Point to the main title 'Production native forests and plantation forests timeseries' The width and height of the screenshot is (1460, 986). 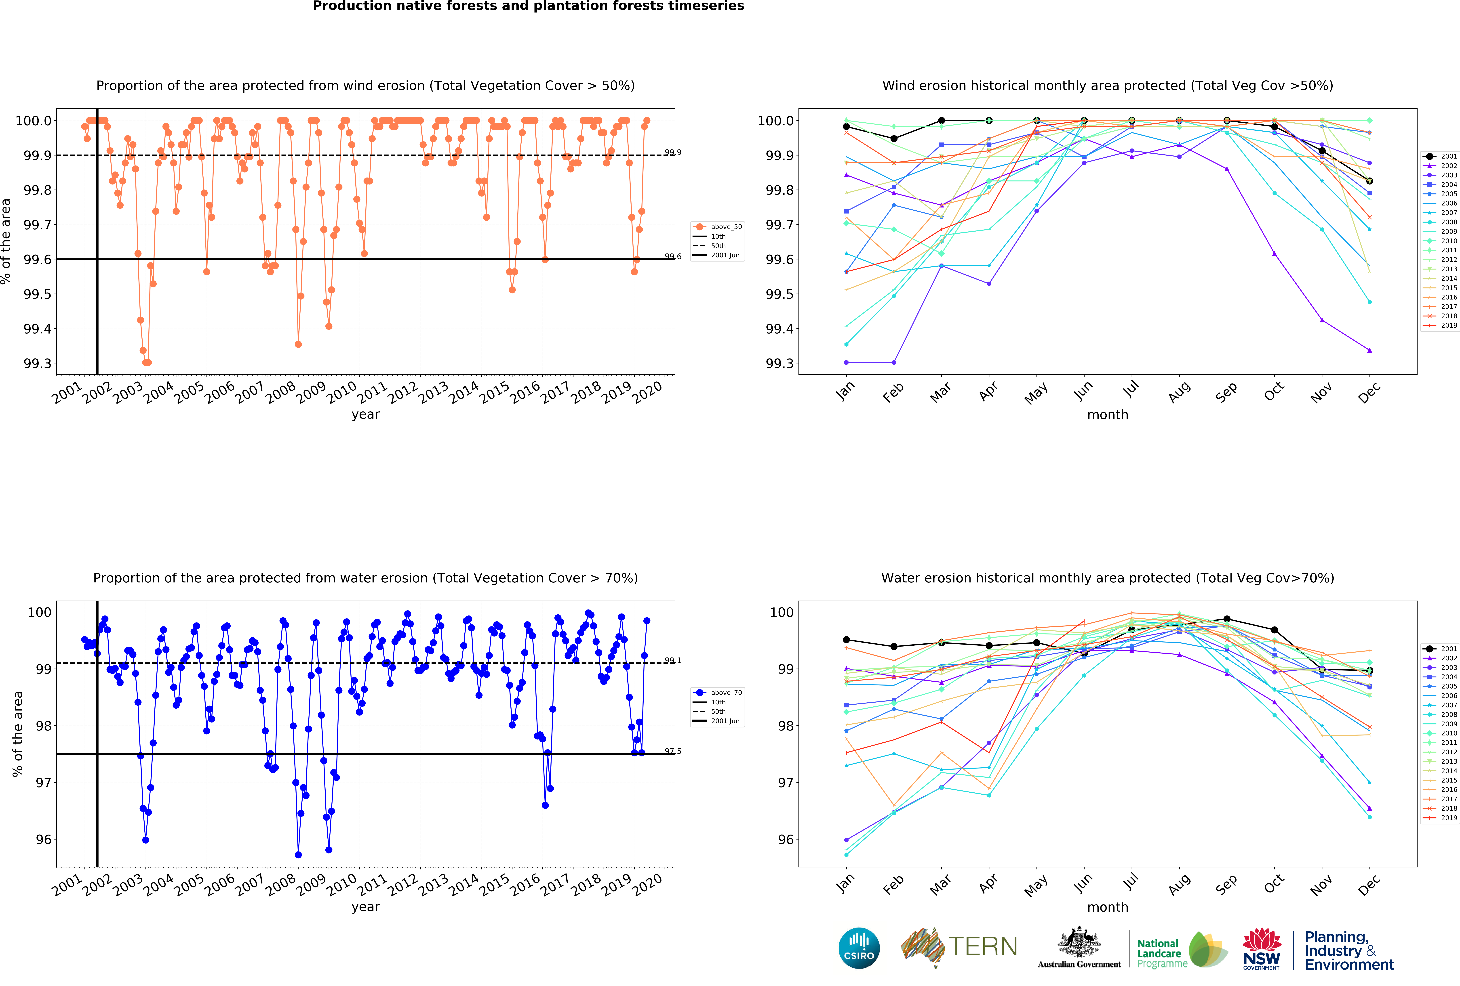click(x=528, y=6)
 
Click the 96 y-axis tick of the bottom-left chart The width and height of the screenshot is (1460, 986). click(x=43, y=840)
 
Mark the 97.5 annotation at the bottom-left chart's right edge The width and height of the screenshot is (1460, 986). click(x=673, y=751)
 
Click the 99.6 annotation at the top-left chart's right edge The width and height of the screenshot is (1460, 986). click(x=673, y=256)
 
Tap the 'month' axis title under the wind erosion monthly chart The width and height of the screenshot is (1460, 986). click(x=1108, y=414)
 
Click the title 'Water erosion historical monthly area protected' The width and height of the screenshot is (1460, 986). click(x=1108, y=578)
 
